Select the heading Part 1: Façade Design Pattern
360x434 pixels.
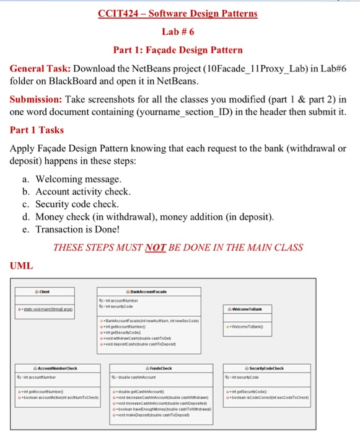pyautogui.click(x=178, y=50)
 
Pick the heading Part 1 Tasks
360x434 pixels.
pyautogui.click(x=37, y=130)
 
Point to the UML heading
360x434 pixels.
pyautogui.click(x=21, y=266)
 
